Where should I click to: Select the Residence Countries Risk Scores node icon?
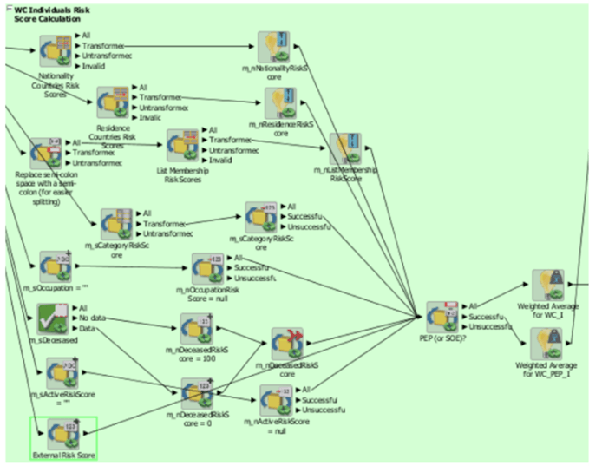113,102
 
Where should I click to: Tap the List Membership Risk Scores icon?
183,146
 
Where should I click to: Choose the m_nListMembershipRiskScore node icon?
345,149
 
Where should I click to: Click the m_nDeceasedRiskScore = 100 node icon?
197,328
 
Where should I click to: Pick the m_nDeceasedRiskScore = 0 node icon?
197,393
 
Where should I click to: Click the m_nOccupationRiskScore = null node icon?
208,268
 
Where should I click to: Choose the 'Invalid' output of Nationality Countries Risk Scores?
94,66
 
